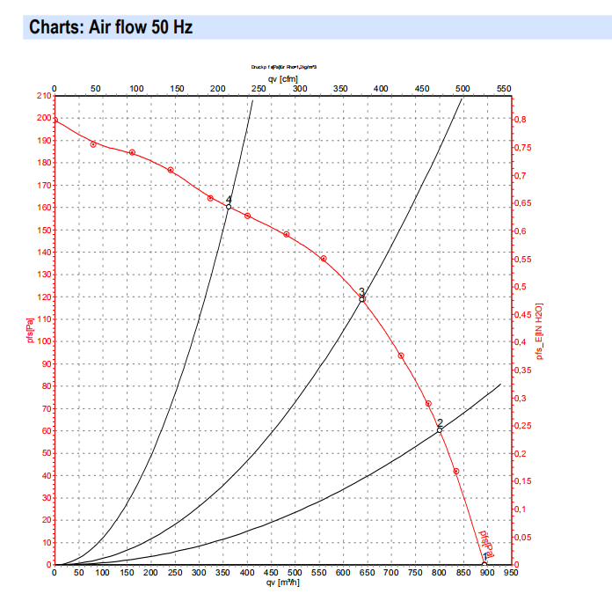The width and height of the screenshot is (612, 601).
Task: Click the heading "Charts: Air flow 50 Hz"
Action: (111, 27)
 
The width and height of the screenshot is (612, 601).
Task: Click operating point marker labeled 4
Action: (229, 207)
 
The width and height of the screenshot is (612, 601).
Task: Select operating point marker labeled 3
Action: (361, 299)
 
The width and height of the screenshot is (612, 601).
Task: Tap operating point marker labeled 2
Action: (440, 430)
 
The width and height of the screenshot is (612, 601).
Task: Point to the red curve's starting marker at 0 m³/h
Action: (55, 120)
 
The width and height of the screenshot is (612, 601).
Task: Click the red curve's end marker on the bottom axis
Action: (484, 564)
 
